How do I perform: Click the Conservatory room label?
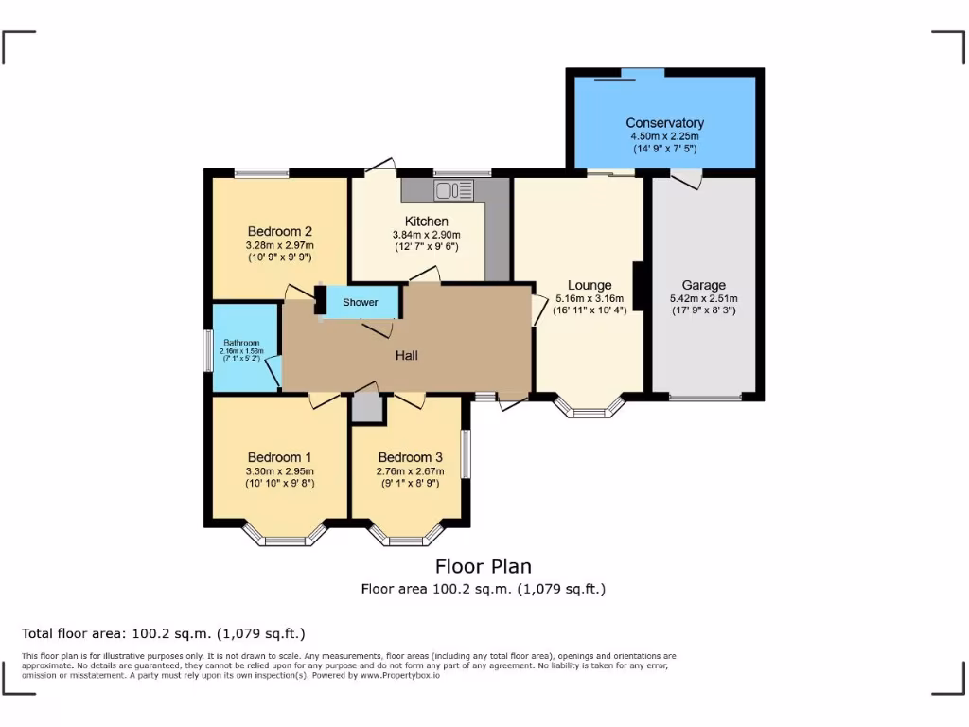(x=664, y=123)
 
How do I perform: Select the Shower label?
(x=360, y=303)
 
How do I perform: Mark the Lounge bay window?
(x=590, y=409)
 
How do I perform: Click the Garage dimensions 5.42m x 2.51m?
(x=704, y=298)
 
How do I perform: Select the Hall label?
(x=407, y=356)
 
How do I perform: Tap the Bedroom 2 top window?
(x=262, y=173)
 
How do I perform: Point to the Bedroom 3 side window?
(x=466, y=454)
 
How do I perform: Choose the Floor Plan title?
(x=483, y=566)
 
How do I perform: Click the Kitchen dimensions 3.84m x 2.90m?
(x=426, y=235)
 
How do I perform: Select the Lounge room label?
(x=590, y=285)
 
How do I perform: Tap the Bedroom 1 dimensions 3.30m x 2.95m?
(x=279, y=471)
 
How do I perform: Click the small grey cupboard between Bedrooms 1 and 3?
(x=365, y=409)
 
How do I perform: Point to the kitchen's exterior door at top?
(x=381, y=167)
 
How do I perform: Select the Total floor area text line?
(x=164, y=633)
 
